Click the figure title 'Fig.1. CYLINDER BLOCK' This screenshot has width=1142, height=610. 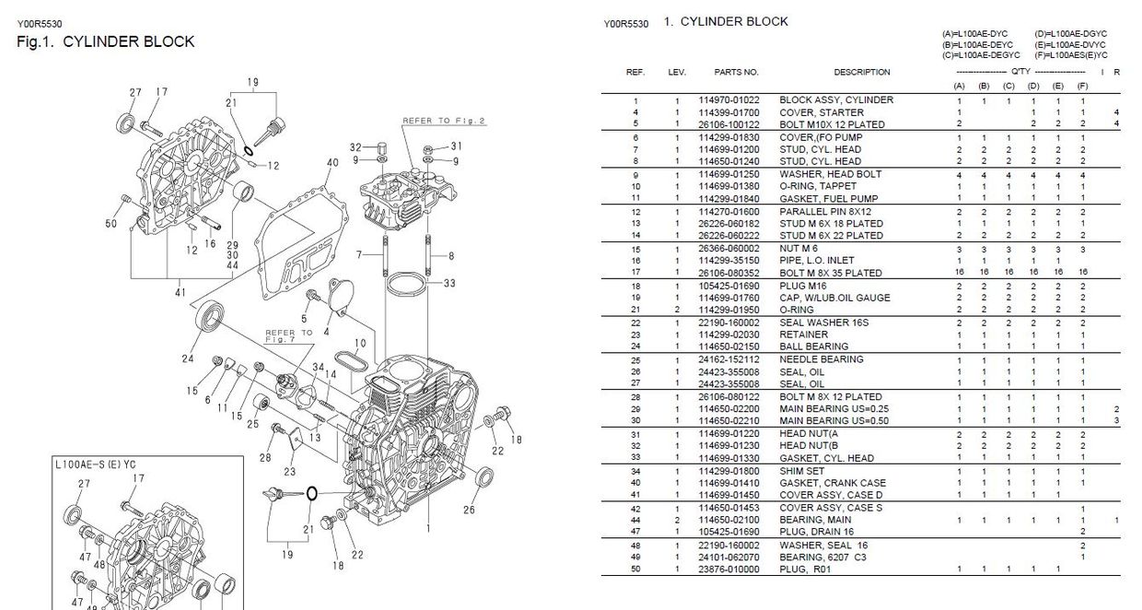[106, 41]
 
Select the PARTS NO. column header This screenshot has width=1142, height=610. [736, 72]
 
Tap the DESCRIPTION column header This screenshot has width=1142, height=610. [862, 72]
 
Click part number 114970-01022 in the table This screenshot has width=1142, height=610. [728, 100]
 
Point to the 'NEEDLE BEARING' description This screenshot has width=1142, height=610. [822, 359]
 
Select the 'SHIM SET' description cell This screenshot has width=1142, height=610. [804, 471]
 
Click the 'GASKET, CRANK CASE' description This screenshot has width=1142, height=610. [833, 483]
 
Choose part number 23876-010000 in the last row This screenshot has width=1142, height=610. [728, 569]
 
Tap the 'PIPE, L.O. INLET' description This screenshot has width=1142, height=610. [817, 261]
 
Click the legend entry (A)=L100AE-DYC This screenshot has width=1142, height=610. [974, 34]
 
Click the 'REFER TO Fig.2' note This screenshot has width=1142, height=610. [443, 121]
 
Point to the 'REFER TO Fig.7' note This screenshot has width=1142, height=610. [288, 335]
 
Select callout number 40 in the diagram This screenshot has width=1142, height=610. [332, 163]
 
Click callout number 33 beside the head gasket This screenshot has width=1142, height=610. [449, 284]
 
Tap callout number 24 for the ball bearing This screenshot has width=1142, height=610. [188, 359]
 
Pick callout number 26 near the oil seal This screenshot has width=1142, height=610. [469, 510]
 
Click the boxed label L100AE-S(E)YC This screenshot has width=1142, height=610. [96, 464]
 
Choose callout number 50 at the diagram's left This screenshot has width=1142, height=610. [111, 224]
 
